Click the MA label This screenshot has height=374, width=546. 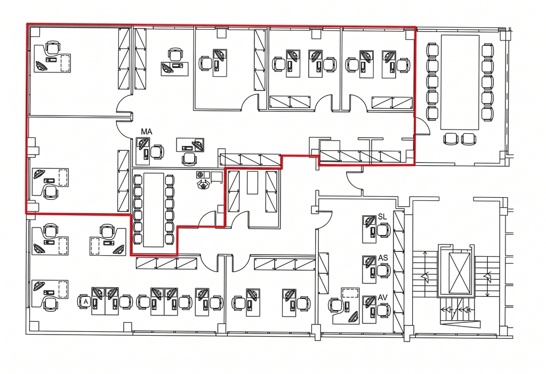pyautogui.click(x=147, y=132)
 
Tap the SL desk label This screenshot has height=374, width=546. pyautogui.click(x=382, y=216)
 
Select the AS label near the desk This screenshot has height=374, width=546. pyautogui.click(x=383, y=258)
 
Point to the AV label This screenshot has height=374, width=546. pyautogui.click(x=383, y=298)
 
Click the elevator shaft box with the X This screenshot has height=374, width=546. pyautogui.click(x=459, y=273)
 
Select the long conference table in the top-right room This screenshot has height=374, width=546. pyautogui.click(x=460, y=82)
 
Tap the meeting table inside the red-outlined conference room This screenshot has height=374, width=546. pyautogui.click(x=154, y=210)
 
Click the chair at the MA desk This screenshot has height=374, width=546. pyautogui.click(x=157, y=152)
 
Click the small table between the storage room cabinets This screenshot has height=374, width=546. pyautogui.click(x=252, y=182)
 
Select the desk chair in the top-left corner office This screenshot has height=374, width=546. pyautogui.click(x=52, y=47)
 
